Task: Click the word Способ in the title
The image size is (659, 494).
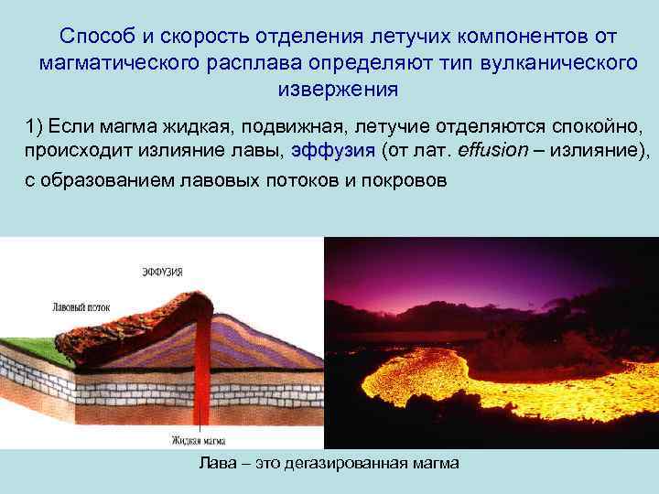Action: (93, 38)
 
